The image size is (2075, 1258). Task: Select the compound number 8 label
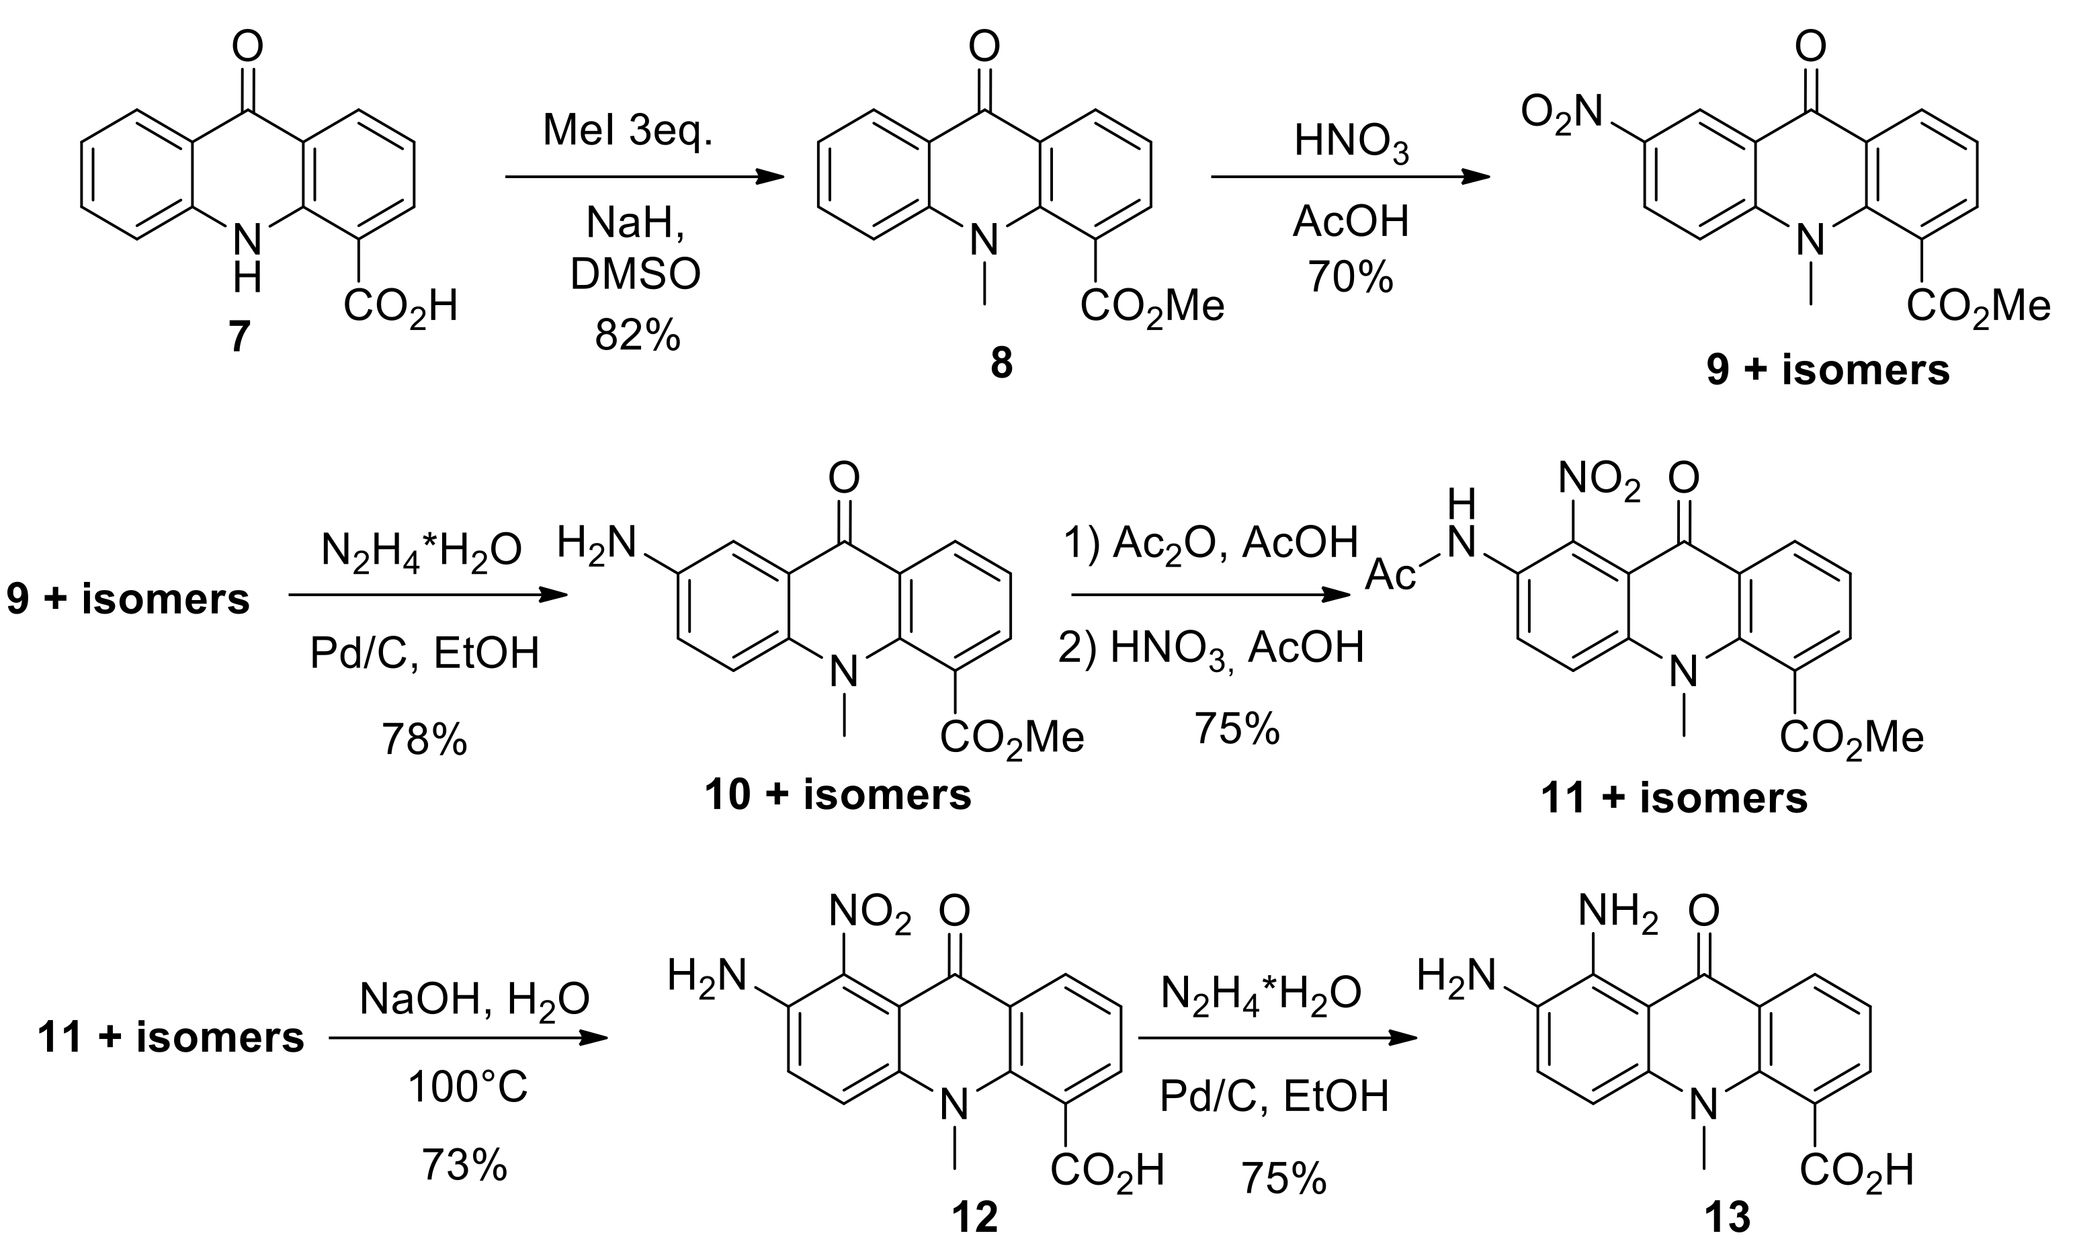[x=1001, y=364]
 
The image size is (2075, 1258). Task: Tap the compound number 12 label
[x=974, y=1217]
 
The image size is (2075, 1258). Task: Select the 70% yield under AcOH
[x=1350, y=276]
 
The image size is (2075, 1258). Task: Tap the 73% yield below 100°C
[x=464, y=1165]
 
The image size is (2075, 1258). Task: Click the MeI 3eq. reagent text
[x=628, y=130]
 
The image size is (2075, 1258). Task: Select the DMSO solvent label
[x=636, y=274]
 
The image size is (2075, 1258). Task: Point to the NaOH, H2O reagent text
[x=474, y=999]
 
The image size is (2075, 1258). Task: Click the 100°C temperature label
[x=468, y=1086]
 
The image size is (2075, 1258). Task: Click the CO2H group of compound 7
[x=400, y=307]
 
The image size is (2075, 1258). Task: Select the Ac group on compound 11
[x=1390, y=575]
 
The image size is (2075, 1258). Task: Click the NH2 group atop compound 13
[x=1617, y=912]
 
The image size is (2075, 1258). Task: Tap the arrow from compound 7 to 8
[x=644, y=177]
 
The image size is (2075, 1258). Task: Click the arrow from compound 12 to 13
[x=1277, y=1038]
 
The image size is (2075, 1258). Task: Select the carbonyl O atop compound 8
[x=984, y=47]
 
